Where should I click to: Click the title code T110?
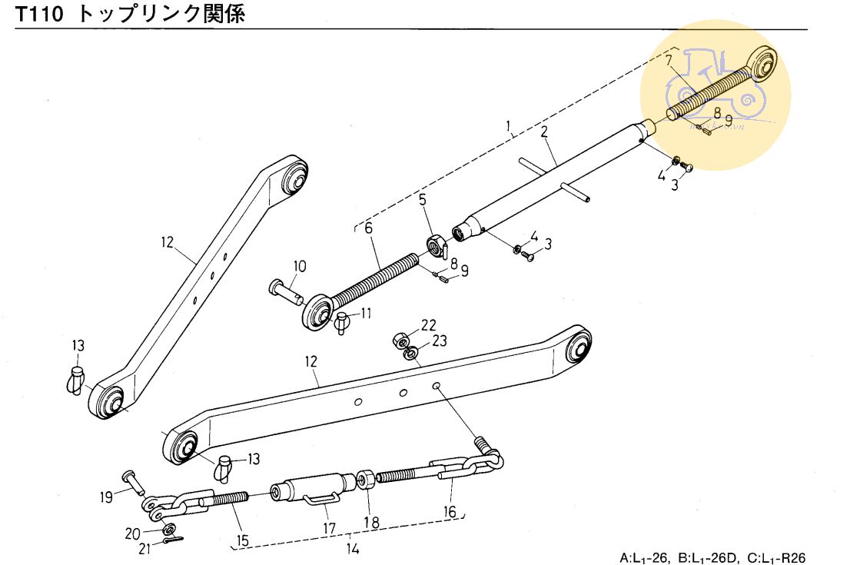point(40,14)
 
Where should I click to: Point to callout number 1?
point(508,125)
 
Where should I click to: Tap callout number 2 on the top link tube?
point(543,131)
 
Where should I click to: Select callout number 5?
point(422,201)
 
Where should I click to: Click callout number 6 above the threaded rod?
point(368,228)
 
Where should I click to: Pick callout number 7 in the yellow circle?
point(669,59)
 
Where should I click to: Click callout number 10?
point(299,267)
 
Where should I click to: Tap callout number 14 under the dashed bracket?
point(352,548)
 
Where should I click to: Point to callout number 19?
point(106,496)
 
